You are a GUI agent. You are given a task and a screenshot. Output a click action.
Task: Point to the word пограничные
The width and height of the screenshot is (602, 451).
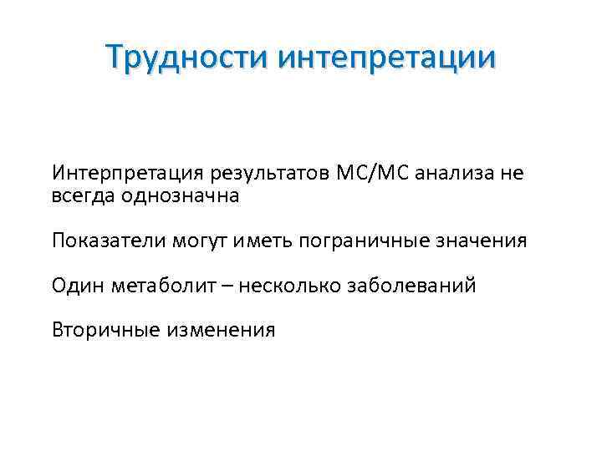365,241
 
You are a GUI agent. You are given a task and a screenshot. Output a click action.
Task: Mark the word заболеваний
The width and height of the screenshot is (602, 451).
414,286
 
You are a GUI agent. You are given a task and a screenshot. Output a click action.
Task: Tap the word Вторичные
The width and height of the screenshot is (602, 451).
105,330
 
